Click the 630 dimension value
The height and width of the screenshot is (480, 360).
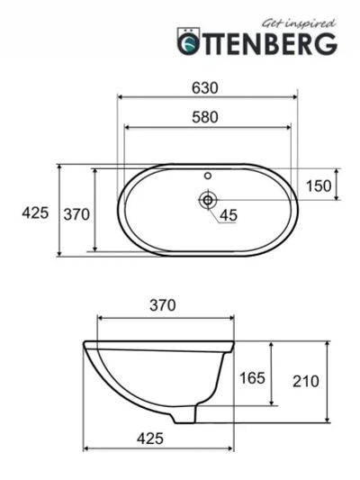tap(205, 88)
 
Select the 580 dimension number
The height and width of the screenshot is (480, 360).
tap(205, 117)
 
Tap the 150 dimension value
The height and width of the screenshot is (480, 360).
tap(319, 186)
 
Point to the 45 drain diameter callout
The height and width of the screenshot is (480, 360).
tap(229, 215)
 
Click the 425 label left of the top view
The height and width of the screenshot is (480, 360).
tap(35, 213)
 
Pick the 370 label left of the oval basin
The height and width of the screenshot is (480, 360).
tap(76, 214)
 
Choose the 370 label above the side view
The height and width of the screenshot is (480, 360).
tap(163, 305)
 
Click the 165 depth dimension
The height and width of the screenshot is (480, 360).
tap(252, 378)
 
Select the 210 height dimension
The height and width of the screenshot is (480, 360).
tap(306, 382)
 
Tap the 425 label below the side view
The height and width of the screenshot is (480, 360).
tap(150, 439)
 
